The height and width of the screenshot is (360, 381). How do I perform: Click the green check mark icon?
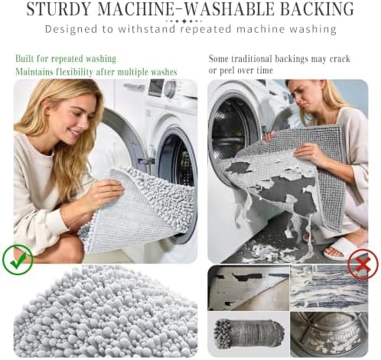[x=18, y=259]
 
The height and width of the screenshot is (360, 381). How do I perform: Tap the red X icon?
[x=363, y=264]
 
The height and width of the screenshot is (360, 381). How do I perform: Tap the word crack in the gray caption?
[x=340, y=59]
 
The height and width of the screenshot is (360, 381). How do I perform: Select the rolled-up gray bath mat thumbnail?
[x=249, y=334]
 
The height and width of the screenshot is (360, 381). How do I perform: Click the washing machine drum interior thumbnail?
[x=329, y=334]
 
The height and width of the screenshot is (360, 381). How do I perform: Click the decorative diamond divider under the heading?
[x=184, y=21]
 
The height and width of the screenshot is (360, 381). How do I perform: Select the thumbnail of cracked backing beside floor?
[x=249, y=287]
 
